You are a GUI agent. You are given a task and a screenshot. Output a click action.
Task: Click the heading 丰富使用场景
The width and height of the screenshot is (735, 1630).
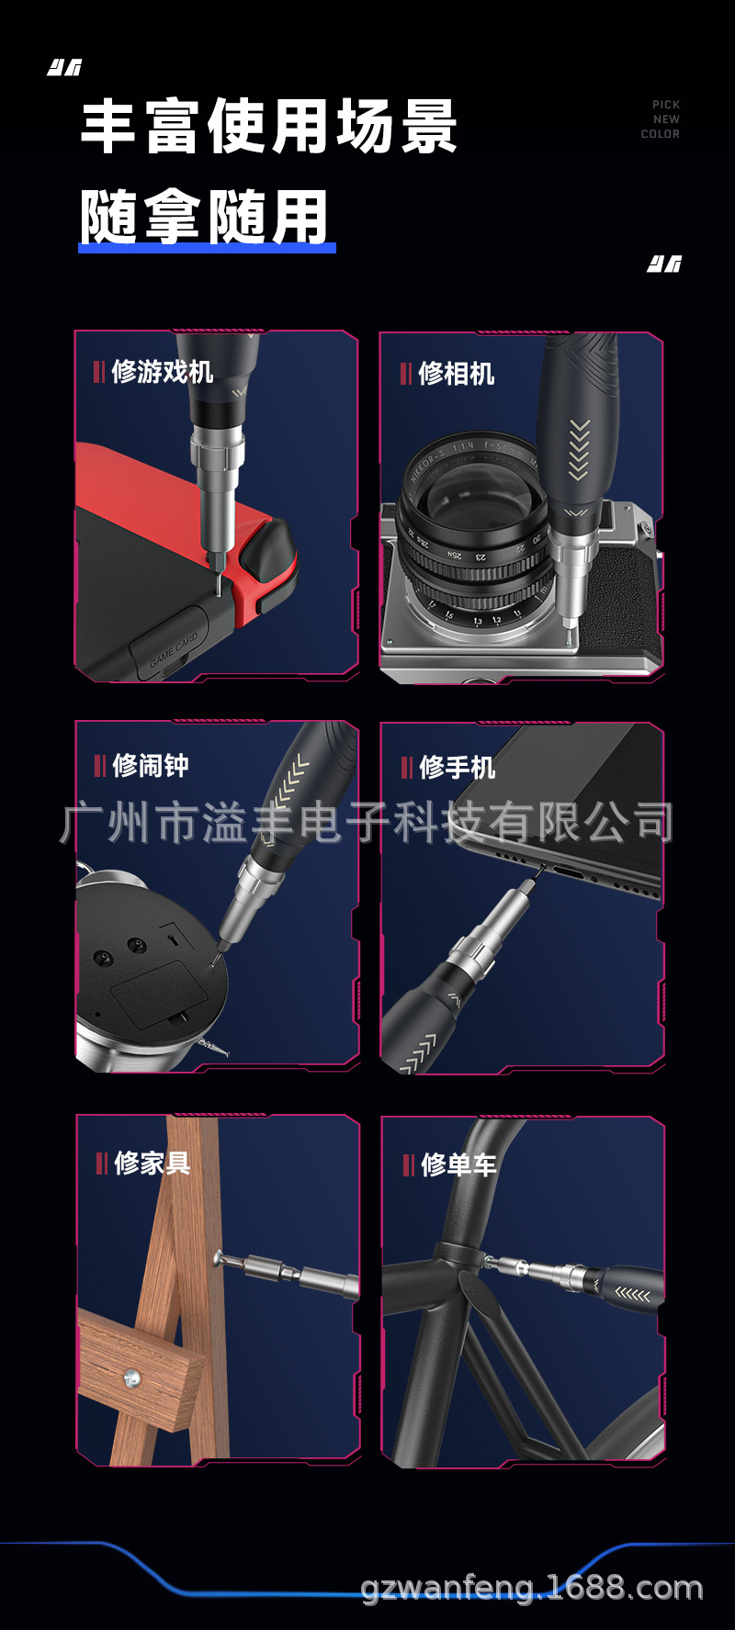tap(268, 126)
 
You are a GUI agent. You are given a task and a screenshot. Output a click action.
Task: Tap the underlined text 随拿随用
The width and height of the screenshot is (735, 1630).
tap(204, 218)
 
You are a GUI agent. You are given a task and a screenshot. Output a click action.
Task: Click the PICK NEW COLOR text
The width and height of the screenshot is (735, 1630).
tap(661, 119)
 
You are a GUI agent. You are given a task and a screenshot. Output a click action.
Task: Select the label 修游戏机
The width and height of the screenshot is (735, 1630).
tap(162, 372)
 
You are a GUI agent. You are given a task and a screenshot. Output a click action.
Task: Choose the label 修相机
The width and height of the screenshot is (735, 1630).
tap(456, 374)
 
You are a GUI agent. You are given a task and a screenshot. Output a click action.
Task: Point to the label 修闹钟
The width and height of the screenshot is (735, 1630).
tap(150, 765)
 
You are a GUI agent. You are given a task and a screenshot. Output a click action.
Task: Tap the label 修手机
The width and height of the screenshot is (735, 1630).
tap(457, 767)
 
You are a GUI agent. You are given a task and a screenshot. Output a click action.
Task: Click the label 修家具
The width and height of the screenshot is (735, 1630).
tap(152, 1163)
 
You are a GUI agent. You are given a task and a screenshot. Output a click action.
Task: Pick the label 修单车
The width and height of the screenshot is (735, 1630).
tap(458, 1165)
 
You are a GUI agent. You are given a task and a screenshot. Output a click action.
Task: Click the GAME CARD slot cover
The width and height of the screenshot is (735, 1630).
tap(173, 647)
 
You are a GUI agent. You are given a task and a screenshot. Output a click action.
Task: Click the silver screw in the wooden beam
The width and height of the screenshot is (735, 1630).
tap(131, 1377)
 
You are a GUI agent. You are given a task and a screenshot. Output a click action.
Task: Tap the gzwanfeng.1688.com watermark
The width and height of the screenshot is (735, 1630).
tap(532, 1587)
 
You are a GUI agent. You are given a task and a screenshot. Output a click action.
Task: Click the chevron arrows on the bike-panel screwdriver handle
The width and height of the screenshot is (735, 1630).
tap(632, 1295)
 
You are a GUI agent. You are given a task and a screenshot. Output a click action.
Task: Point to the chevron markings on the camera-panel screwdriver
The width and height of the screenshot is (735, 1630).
tap(579, 450)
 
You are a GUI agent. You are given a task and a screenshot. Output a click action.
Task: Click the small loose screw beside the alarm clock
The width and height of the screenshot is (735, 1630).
tap(214, 1047)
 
